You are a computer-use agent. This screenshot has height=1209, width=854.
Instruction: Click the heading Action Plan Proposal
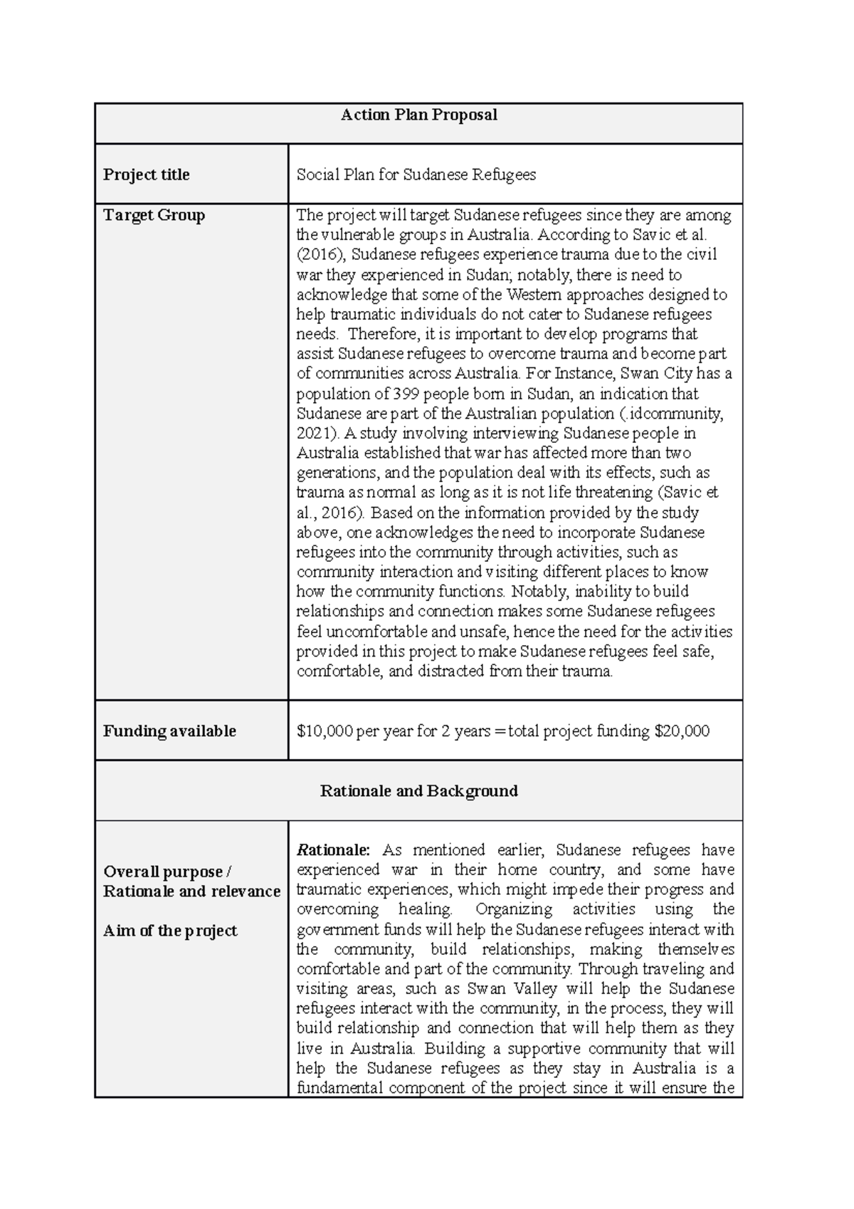coord(418,115)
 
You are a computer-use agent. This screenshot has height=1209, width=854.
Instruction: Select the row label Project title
coord(146,174)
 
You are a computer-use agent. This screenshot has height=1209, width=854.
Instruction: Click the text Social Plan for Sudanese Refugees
coord(416,174)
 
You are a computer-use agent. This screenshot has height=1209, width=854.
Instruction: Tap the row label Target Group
coord(154,215)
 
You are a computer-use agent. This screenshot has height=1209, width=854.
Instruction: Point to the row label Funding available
coord(169,731)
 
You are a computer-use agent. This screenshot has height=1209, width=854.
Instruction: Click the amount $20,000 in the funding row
coord(681,731)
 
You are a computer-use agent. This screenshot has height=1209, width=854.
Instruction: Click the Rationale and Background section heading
coord(418,790)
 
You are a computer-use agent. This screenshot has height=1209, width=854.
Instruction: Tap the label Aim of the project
coord(170,931)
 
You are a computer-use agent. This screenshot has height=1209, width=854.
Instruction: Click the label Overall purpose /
coord(167,872)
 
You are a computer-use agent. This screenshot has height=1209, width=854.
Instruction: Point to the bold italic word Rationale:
coord(333,849)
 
